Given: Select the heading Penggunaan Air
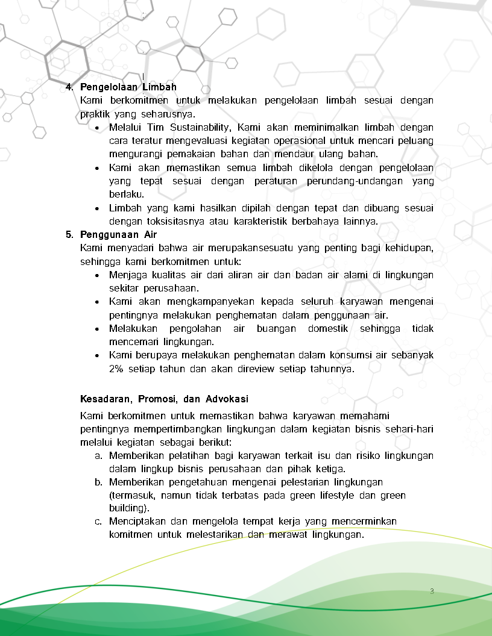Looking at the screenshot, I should [x=118, y=234].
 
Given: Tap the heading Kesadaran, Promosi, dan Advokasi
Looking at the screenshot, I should [x=164, y=399].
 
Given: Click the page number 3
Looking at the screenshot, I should [x=432, y=591].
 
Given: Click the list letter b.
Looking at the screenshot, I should [x=98, y=482].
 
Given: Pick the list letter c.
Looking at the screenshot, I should [x=98, y=521].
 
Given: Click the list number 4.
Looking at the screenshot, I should [x=69, y=87].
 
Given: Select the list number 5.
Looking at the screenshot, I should [x=69, y=234].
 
